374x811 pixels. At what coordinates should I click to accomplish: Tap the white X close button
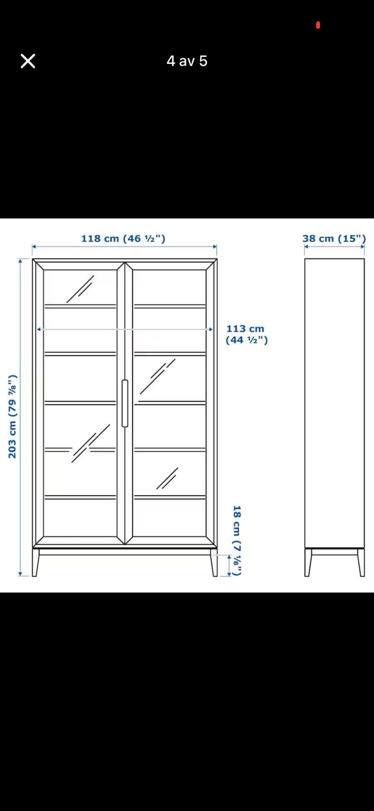click(x=28, y=61)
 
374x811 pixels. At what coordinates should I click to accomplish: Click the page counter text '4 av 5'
click(x=187, y=61)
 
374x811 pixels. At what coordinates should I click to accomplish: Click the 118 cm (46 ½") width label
click(x=123, y=239)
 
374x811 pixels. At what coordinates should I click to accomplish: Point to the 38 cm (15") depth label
click(x=334, y=239)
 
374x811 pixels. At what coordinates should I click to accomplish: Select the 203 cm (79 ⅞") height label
click(x=13, y=416)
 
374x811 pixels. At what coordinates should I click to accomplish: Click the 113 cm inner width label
click(x=247, y=334)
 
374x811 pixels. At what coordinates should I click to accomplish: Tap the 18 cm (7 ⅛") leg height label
click(x=237, y=540)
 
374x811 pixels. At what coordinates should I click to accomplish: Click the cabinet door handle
click(x=125, y=403)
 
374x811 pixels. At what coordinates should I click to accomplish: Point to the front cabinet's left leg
click(x=35, y=562)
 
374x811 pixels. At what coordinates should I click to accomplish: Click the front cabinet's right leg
click(x=214, y=562)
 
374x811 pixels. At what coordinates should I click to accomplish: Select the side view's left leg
click(x=308, y=562)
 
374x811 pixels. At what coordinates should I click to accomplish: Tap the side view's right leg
click(x=361, y=562)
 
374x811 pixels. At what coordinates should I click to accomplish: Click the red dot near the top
click(x=318, y=25)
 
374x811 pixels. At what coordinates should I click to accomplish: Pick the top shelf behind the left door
click(x=80, y=306)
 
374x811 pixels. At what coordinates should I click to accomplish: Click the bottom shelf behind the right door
click(x=170, y=497)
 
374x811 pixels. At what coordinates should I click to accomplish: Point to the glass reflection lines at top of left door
click(x=80, y=289)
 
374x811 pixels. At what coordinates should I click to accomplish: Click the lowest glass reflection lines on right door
click(x=167, y=478)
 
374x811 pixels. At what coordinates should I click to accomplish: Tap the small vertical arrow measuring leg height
click(x=229, y=565)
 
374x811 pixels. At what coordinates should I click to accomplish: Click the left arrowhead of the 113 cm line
click(x=39, y=329)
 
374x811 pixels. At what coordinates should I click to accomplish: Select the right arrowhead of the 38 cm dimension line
click(x=363, y=246)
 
